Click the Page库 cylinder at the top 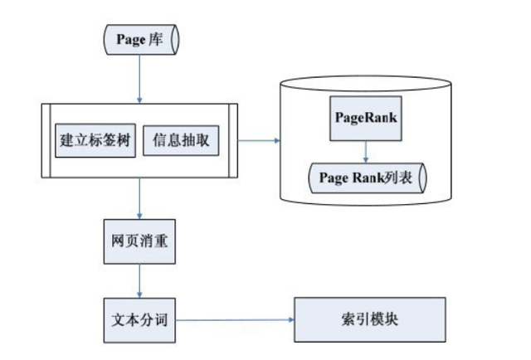[139, 38]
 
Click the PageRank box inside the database [367, 118]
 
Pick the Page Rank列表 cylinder [366, 177]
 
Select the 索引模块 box [369, 319]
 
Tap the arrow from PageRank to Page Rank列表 [366, 149]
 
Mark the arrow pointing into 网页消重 [139, 199]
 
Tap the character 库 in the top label [156, 38]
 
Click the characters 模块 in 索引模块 [384, 319]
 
